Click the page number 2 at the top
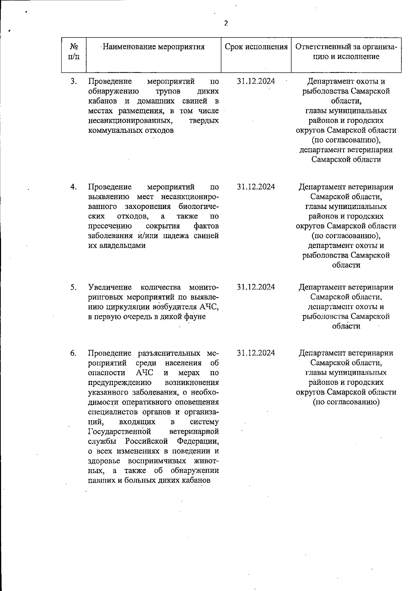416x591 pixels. pyautogui.click(x=226, y=23)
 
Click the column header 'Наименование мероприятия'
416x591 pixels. pyautogui.click(x=154, y=46)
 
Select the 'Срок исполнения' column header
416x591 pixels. pyautogui.click(x=256, y=46)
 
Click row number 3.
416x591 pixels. pyautogui.click(x=73, y=81)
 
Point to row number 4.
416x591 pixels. pyautogui.click(x=73, y=187)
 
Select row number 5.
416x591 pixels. pyautogui.click(x=73, y=287)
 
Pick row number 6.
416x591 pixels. pyautogui.click(x=73, y=353)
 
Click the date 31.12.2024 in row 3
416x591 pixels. pyautogui.click(x=256, y=81)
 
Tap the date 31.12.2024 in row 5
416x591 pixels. pyautogui.click(x=256, y=287)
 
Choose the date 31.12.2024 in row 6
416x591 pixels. pyautogui.click(x=256, y=353)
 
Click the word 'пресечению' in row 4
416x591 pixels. pyautogui.click(x=110, y=226)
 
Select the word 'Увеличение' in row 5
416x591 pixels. pyautogui.click(x=110, y=287)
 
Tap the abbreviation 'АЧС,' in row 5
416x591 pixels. pyautogui.click(x=209, y=307)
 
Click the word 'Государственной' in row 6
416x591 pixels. pyautogui.click(x=120, y=432)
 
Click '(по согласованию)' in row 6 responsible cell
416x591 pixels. pyautogui.click(x=346, y=402)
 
